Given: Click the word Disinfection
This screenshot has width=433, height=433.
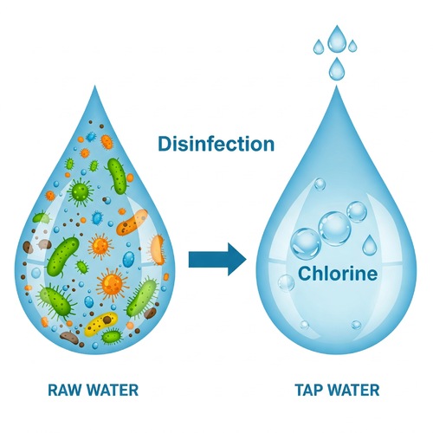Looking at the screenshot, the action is point(216,144).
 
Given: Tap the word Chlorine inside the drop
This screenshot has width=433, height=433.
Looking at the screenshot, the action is point(338,273).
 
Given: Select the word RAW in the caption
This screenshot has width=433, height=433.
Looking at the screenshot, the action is point(65,390).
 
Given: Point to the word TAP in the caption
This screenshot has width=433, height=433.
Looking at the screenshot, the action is point(308,390).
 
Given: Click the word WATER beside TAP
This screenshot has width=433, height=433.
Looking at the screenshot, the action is point(354,390).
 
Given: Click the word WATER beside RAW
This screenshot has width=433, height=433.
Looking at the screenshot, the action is point(113,390).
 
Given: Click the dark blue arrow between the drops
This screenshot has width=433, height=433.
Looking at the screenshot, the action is point(217,259).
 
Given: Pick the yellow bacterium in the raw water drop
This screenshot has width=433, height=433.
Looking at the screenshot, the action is point(101,324).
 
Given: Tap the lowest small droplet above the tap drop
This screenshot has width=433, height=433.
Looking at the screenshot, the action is point(337,69).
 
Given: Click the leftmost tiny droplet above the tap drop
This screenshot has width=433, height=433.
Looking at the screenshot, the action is point(319,47).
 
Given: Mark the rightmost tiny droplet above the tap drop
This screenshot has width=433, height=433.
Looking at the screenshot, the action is point(352,46).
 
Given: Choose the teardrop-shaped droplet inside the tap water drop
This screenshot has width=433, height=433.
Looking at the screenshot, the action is point(369,245).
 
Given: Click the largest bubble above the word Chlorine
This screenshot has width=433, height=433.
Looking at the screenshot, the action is point(334,229).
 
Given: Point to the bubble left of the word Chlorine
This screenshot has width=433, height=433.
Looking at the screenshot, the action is point(286,283).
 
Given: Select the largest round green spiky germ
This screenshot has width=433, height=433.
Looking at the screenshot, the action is point(81,191).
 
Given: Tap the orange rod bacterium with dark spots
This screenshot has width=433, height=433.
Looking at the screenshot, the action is point(132,223).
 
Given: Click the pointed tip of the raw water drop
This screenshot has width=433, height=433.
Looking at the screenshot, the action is point(94,86).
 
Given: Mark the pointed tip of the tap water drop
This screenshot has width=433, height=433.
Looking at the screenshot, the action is point(336,86).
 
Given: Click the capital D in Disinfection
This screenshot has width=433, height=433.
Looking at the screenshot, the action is point(165,144).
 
